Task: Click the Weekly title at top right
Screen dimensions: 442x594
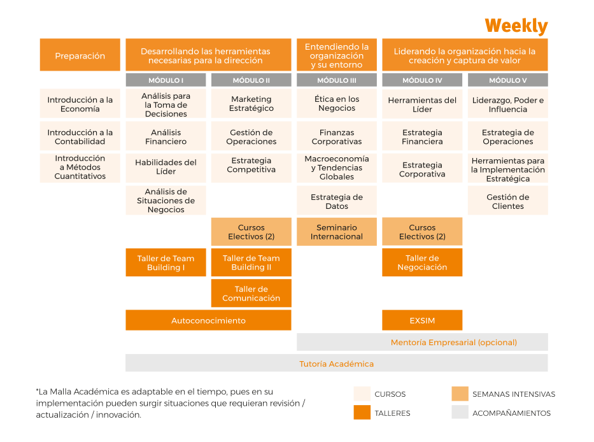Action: [516, 26]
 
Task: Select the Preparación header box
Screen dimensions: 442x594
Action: [80, 55]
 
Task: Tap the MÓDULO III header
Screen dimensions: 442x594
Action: [337, 80]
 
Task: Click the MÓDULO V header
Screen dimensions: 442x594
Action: [507, 80]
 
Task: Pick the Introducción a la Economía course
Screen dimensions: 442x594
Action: [80, 104]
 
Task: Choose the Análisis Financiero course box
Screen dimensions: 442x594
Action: [166, 137]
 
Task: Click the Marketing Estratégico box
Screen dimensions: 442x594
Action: [251, 104]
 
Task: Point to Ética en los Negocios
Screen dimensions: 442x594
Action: [337, 104]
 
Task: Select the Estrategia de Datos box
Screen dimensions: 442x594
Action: [337, 201]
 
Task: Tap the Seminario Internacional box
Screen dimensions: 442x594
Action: [337, 232]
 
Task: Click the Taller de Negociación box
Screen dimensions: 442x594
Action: [422, 262]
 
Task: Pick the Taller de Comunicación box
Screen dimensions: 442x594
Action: [251, 294]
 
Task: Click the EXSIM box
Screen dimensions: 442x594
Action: [422, 320]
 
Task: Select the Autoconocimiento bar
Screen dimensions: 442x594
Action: [208, 320]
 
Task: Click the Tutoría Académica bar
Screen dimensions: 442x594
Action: [336, 364]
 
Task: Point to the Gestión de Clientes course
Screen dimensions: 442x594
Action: [507, 201]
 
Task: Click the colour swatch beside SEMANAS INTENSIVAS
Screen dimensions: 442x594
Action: [460, 394]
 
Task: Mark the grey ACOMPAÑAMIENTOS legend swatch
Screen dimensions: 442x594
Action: [460, 413]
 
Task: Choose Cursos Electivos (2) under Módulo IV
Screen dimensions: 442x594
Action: [422, 232]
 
